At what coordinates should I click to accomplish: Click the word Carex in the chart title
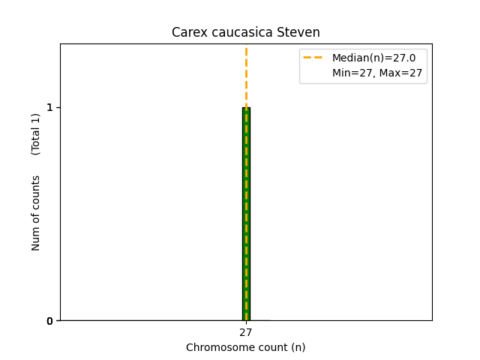[186, 32]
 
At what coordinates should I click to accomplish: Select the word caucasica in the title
[233, 32]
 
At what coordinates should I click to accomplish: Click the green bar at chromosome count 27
[246, 225]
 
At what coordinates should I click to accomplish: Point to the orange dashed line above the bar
[246, 75]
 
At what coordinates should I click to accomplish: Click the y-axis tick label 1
[50, 107]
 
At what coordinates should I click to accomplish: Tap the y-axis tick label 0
[50, 321]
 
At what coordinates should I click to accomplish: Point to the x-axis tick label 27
[246, 332]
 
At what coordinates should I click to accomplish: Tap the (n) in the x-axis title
[298, 347]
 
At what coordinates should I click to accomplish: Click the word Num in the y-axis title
[36, 238]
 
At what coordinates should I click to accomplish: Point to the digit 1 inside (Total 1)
[36, 119]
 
